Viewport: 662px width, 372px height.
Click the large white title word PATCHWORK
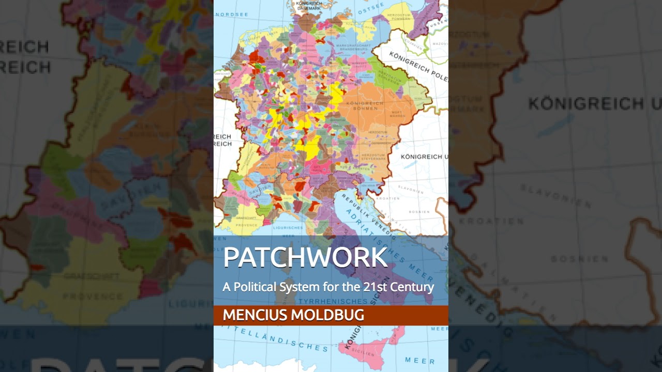click(x=305, y=258)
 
